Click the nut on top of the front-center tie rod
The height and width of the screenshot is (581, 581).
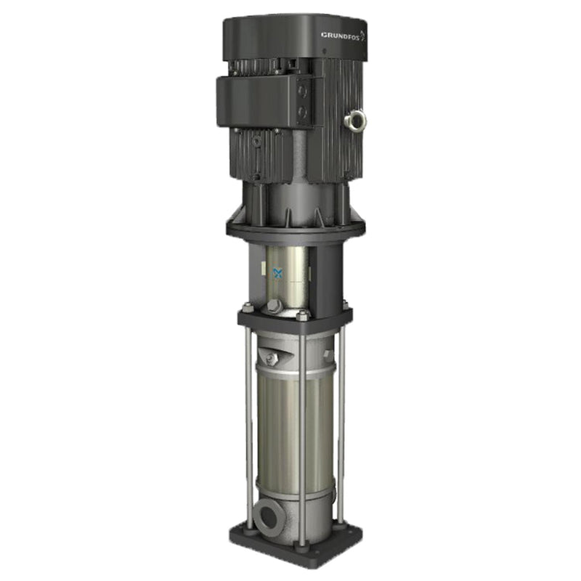[x=301, y=315]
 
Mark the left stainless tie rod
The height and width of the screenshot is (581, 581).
[x=249, y=428]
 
